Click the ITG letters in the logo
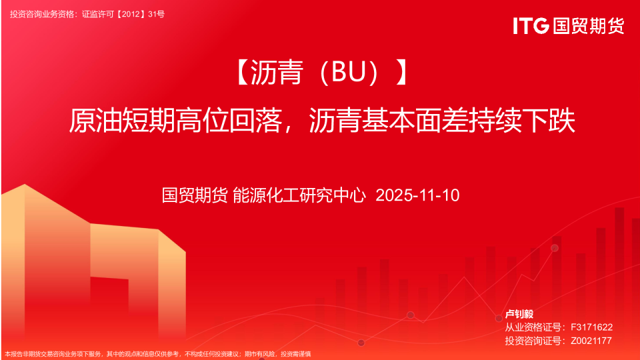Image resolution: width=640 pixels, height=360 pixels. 531,26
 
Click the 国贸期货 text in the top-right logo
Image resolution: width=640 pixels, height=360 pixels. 589,26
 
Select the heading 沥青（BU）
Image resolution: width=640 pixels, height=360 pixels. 323,72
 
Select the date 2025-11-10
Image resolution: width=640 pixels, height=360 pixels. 417,195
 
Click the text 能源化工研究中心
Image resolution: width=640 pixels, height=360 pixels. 299,195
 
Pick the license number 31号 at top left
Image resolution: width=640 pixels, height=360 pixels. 156,14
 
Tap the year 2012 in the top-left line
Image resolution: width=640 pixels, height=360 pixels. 131,14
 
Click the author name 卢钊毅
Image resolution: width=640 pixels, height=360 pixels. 519,314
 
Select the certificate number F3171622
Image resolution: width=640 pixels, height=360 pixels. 591,327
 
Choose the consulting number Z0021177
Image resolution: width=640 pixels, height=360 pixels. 591,341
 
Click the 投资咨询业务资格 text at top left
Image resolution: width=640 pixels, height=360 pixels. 43,14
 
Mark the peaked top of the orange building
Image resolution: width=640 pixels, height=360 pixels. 25,185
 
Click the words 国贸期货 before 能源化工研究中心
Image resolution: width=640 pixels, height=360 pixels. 195,195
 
